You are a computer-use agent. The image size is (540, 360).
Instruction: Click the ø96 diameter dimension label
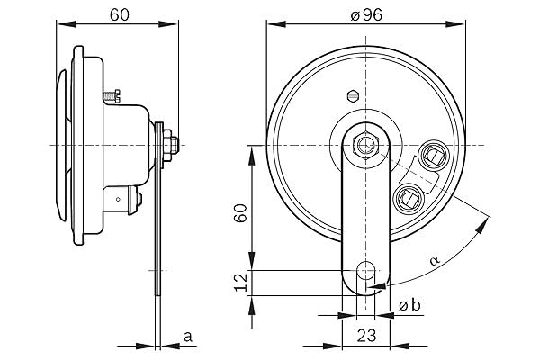[366, 15]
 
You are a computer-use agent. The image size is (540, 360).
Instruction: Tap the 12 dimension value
[240, 283]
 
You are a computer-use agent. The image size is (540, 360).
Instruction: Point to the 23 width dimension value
[366, 335]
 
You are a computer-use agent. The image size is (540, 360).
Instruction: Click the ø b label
[409, 305]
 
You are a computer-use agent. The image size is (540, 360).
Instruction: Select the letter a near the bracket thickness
[188, 337]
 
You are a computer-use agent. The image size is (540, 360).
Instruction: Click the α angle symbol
[435, 260]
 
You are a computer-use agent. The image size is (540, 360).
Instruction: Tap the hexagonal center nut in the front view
[365, 146]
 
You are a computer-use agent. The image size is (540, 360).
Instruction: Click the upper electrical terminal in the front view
[432, 153]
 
